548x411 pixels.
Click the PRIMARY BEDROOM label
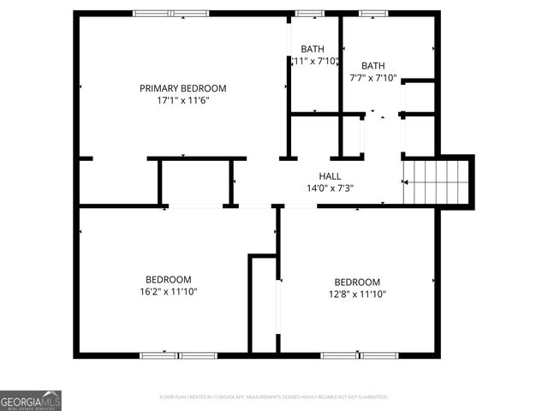pos(183,88)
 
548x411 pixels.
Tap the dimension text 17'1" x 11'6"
pos(183,100)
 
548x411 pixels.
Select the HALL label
pos(318,176)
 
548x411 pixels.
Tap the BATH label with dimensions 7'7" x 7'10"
pos(372,66)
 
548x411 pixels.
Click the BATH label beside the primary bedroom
pos(313,49)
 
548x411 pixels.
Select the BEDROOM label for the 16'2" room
pos(168,279)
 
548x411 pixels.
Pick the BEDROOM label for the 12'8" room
pos(357,283)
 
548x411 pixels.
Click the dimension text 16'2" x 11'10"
pos(168,292)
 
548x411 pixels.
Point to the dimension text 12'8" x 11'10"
pos(357,295)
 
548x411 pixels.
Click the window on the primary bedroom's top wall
pos(170,14)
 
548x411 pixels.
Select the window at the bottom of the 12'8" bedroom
pos(360,354)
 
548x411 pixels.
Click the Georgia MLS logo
pos(31,401)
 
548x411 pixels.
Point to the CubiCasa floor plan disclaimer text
pos(274,397)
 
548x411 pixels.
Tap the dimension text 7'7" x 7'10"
pos(372,78)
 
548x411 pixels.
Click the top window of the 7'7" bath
pos(372,14)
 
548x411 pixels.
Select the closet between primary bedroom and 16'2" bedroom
pos(195,182)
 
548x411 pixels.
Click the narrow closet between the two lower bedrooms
pos(263,304)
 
